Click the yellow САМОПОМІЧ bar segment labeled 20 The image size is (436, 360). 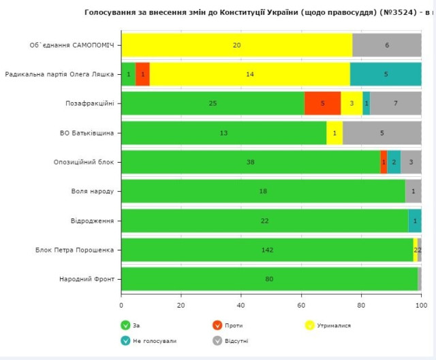click(x=236, y=45)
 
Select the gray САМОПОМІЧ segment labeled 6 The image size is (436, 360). click(x=387, y=45)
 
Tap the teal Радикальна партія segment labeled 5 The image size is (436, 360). click(x=386, y=74)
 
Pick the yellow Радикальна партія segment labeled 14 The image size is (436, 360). click(x=250, y=74)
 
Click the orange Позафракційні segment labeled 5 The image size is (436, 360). click(x=322, y=103)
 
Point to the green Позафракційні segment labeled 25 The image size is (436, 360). click(x=213, y=103)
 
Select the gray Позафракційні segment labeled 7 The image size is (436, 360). click(x=396, y=103)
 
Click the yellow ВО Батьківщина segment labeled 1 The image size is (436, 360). click(x=334, y=133)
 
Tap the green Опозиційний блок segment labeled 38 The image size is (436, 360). click(x=250, y=162)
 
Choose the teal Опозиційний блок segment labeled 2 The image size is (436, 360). click(x=394, y=162)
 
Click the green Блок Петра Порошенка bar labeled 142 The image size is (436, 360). click(x=267, y=250)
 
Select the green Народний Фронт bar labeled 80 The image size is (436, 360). click(x=269, y=279)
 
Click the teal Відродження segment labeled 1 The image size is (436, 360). click(x=415, y=220)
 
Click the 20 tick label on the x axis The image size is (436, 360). click(x=181, y=306)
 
